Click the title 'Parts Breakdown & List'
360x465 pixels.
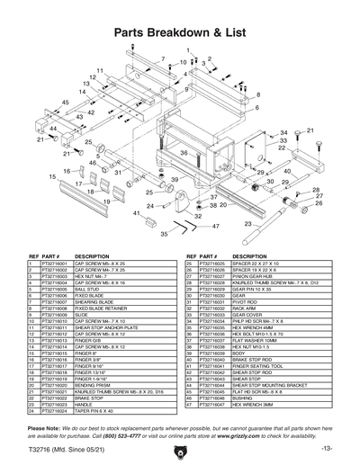click(x=181, y=32)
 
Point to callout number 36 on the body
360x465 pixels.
click(x=184, y=154)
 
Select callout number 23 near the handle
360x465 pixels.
click(x=247, y=224)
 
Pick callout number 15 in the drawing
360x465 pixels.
click(x=28, y=178)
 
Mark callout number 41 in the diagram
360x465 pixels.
click(x=136, y=213)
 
